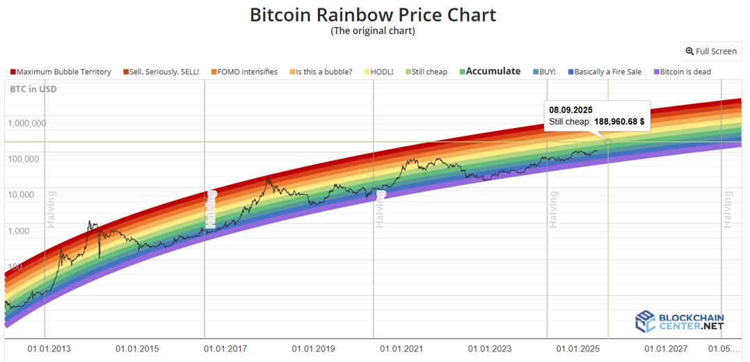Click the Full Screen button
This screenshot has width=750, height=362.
click(711, 51)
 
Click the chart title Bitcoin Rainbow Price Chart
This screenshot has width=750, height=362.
click(373, 15)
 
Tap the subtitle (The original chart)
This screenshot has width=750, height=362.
click(372, 31)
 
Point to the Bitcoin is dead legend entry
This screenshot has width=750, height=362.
click(685, 72)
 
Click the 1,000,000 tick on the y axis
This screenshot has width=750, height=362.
click(27, 123)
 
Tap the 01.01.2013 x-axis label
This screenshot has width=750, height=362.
click(49, 348)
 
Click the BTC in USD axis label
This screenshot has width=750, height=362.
click(33, 89)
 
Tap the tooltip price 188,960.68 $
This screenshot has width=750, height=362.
click(619, 121)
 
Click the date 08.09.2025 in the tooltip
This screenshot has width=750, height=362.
click(571, 110)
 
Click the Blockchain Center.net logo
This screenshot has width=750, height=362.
click(680, 321)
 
